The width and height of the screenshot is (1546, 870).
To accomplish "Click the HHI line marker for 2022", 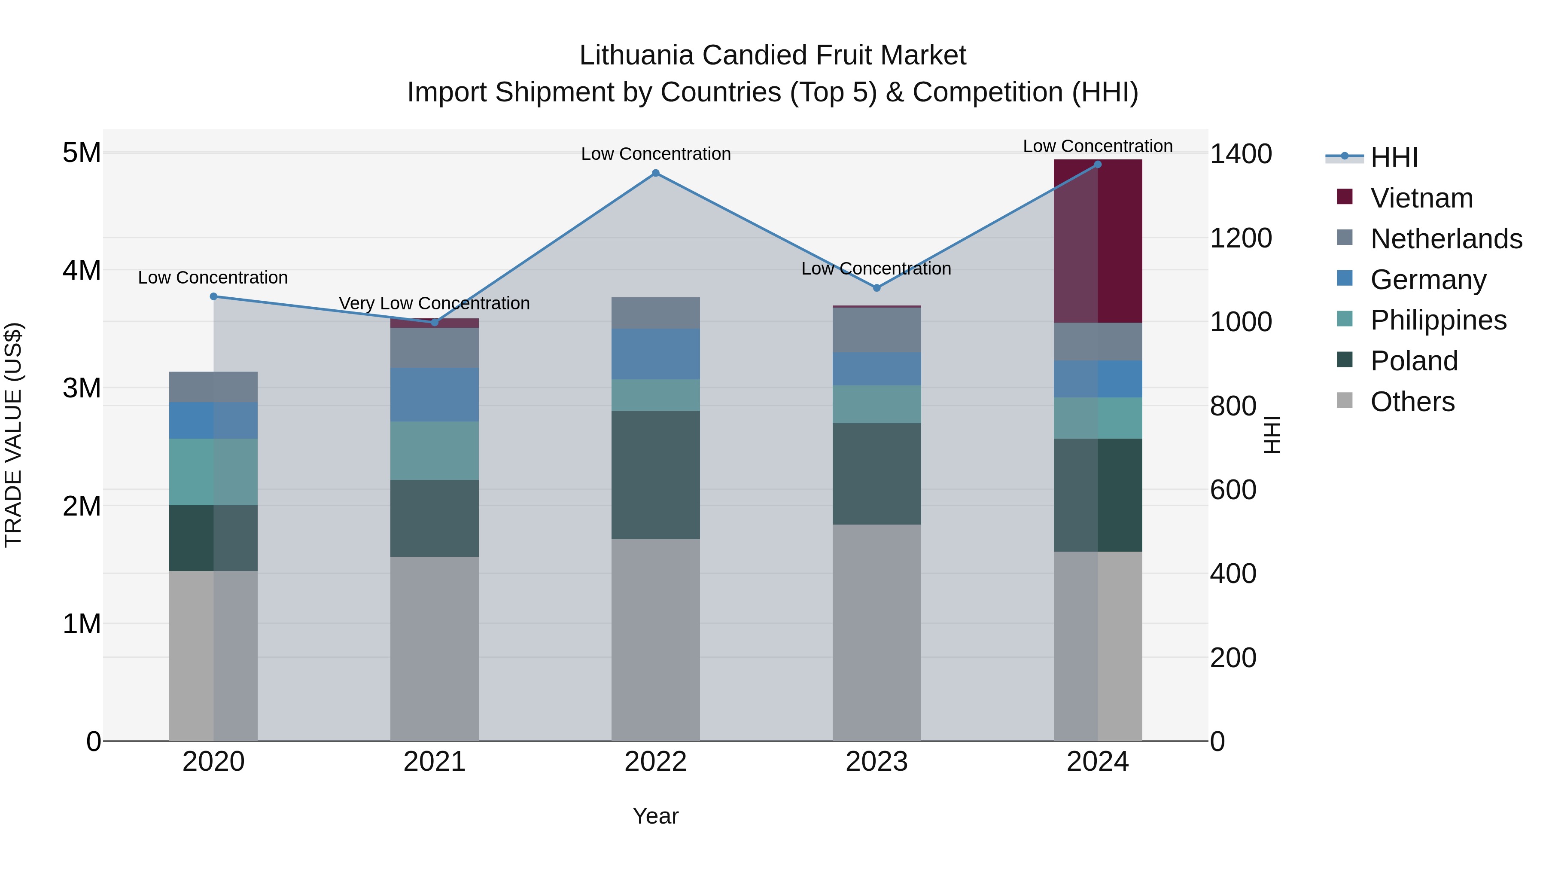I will tap(655, 174).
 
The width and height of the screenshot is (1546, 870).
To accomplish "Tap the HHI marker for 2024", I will tap(1098, 165).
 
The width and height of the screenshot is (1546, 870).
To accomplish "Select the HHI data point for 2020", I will tap(214, 296).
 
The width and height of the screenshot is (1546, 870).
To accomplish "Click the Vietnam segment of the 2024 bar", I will tap(1098, 241).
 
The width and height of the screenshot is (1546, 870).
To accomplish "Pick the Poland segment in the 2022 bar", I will tap(655, 475).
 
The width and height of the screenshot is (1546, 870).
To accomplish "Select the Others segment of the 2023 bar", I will tap(876, 633).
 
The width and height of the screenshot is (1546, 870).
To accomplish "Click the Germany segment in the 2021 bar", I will tap(435, 394).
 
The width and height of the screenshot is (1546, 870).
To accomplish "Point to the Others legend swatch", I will tap(1345, 400).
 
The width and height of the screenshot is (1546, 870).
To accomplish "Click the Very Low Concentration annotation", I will tap(435, 304).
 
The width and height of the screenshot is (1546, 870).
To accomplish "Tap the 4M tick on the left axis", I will tap(82, 270).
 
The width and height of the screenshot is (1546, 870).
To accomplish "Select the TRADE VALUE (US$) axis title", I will tap(13, 435).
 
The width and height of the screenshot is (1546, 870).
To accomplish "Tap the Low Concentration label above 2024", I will tap(1098, 147).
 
